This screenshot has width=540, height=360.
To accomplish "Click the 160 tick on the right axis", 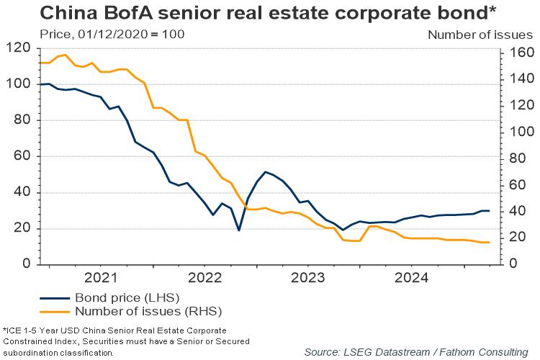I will (521, 53).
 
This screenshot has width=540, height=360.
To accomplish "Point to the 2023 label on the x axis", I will (308, 277).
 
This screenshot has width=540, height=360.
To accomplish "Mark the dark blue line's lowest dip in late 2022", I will (238, 230).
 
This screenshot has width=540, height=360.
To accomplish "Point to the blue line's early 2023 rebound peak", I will (266, 171).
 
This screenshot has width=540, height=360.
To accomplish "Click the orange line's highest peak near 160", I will (66, 55).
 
